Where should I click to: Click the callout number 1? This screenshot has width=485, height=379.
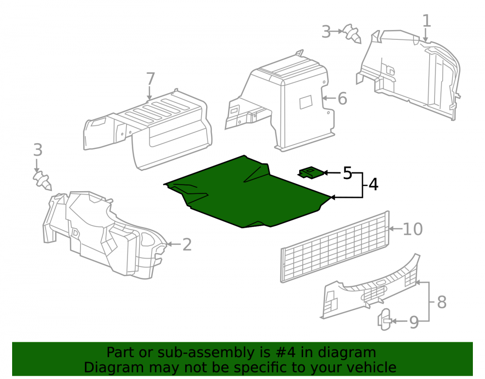(426, 21)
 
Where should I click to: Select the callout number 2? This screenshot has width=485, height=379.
(187, 245)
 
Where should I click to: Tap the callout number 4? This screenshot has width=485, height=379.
(373, 184)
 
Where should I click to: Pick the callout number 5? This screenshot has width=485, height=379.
(347, 173)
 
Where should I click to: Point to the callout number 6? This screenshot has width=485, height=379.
(342, 99)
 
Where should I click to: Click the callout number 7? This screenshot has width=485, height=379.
(150, 79)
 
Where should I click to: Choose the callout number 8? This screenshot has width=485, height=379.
(442, 302)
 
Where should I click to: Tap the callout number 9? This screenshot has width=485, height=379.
(414, 322)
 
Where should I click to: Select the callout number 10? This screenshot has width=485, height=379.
(413, 229)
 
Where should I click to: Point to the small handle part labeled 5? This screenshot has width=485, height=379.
(311, 173)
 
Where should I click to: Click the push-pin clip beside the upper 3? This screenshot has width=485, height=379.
(352, 33)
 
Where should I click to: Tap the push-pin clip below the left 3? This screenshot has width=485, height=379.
(42, 181)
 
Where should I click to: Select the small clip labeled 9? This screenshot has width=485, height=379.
(385, 319)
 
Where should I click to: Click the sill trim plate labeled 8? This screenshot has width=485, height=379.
(370, 288)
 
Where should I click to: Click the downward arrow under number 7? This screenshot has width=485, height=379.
(150, 94)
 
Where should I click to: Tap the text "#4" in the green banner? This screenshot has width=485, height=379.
(285, 352)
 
